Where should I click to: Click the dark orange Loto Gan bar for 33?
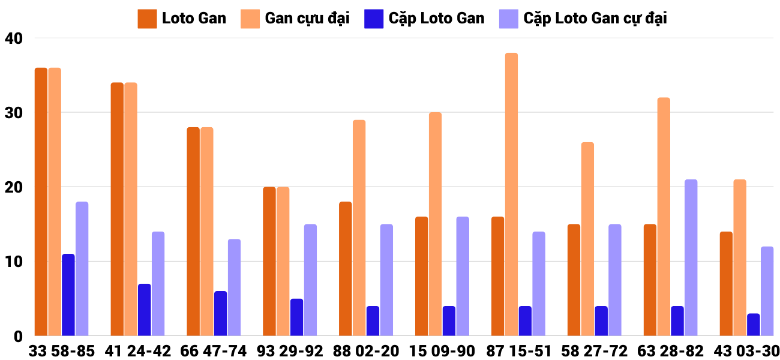(41, 202)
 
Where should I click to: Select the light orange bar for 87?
(511, 194)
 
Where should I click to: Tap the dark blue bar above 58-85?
(68, 295)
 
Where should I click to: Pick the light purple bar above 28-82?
(691, 257)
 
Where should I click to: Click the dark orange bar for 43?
(726, 283)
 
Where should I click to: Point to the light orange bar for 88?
(359, 228)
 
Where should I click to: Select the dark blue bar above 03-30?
(754, 325)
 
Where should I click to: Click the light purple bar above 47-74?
(234, 287)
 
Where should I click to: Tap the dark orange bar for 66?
(193, 232)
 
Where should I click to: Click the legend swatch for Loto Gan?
(147, 19)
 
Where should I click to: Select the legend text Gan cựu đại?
(307, 19)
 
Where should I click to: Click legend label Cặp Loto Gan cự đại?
(595, 19)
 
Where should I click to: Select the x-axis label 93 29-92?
(290, 351)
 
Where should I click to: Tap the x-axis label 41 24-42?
(137, 351)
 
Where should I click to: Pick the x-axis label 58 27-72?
(594, 351)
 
